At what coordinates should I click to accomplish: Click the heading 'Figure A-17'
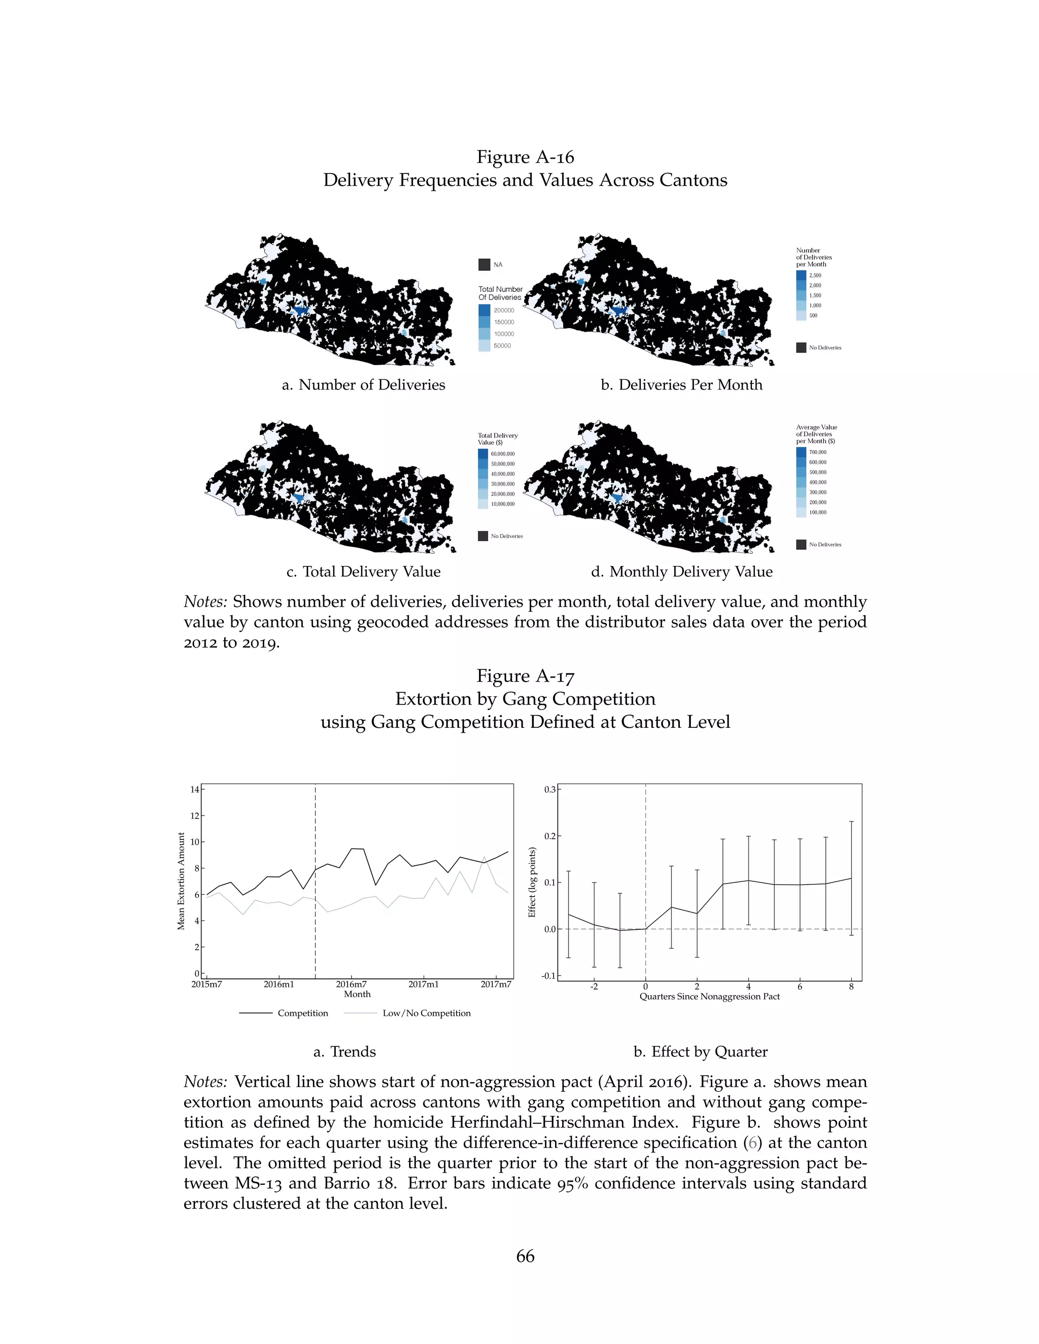pyautogui.click(x=525, y=676)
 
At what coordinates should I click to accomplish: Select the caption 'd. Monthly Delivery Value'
pyautogui.click(x=681, y=572)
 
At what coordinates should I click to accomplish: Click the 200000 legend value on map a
pyautogui.click(x=503, y=310)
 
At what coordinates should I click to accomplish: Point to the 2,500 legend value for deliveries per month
pyautogui.click(x=815, y=276)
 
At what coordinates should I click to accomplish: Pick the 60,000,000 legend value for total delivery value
pyautogui.click(x=502, y=453)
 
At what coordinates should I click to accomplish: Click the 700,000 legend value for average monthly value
pyautogui.click(x=817, y=452)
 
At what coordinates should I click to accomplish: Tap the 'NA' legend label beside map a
pyautogui.click(x=498, y=265)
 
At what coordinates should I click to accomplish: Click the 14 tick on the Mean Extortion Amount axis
pyautogui.click(x=194, y=790)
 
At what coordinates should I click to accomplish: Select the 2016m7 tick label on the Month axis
pyautogui.click(x=351, y=984)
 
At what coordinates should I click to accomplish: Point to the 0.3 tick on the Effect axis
pyautogui.click(x=549, y=790)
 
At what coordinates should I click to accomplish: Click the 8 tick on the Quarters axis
pyautogui.click(x=851, y=986)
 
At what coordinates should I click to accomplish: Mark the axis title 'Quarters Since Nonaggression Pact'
pyautogui.click(x=709, y=996)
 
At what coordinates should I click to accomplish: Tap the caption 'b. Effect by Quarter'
pyautogui.click(x=701, y=1052)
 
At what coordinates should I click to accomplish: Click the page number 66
pyautogui.click(x=525, y=1257)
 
